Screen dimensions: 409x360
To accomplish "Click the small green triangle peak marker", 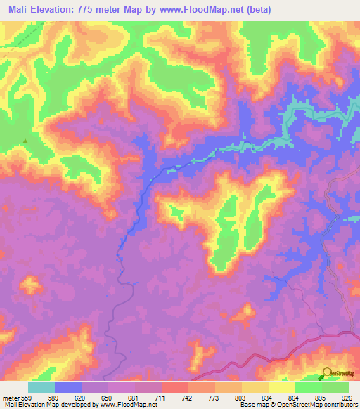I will click(26, 141).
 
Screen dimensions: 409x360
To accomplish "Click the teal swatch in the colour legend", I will click(41, 387).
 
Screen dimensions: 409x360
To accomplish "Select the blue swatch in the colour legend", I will click(68, 387).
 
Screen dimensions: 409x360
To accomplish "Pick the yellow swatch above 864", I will click(282, 387).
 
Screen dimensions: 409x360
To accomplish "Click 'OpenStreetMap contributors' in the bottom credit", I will click(323, 405).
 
